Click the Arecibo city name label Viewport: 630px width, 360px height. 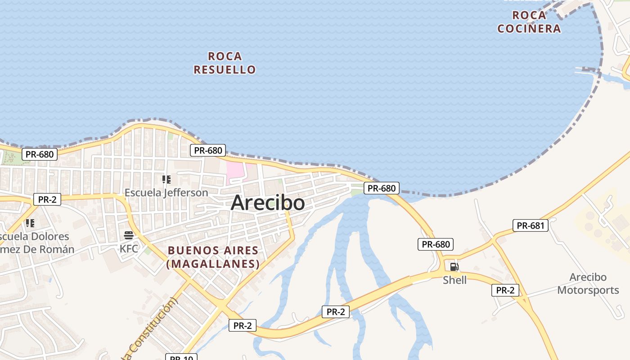coord(268,203)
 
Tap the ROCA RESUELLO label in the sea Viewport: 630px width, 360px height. coord(225,63)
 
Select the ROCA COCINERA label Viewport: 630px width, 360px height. coord(529,22)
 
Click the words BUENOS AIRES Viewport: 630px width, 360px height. coord(213,251)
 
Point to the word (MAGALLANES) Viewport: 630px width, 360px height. coord(213,264)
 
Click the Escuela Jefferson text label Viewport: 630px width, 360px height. coord(166,193)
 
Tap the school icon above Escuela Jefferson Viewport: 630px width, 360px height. coord(166,180)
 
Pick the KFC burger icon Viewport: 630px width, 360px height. coord(129,235)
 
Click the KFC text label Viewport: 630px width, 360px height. coord(129,248)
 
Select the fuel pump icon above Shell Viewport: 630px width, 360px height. coord(454,267)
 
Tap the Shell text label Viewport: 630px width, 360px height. coord(454,280)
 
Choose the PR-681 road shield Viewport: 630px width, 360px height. coord(531,226)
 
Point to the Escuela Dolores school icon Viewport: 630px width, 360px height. coord(30,223)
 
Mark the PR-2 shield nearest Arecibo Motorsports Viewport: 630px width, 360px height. coord(505,290)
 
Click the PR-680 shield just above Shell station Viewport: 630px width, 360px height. coord(435,244)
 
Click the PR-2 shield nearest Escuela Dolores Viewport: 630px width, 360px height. coord(47,199)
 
